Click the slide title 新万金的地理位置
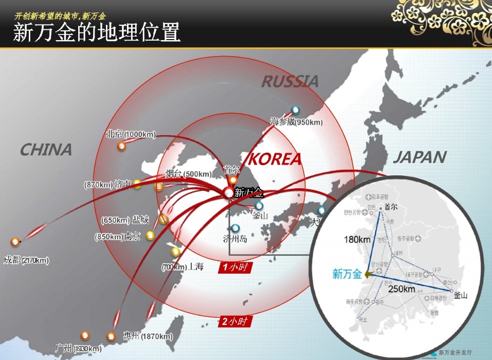[97, 32]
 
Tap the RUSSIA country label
[290, 81]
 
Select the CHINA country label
[46, 150]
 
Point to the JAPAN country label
[420, 157]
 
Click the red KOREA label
[275, 159]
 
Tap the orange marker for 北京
[122, 146]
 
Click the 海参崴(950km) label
[297, 122]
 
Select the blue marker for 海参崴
[295, 110]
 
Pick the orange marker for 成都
[15, 241]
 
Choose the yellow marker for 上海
[176, 251]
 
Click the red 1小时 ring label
[235, 267]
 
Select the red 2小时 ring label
[236, 321]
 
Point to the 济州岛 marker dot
[235, 228]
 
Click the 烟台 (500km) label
[188, 174]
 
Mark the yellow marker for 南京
[150, 236]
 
